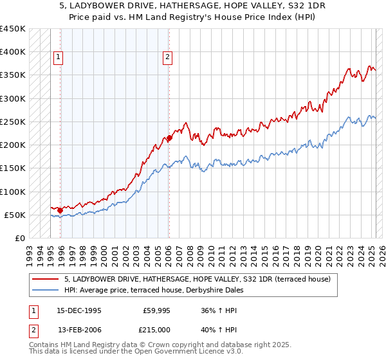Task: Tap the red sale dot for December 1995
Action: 60,210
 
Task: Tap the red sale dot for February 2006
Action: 169,138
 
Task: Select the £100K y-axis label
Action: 12,192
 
